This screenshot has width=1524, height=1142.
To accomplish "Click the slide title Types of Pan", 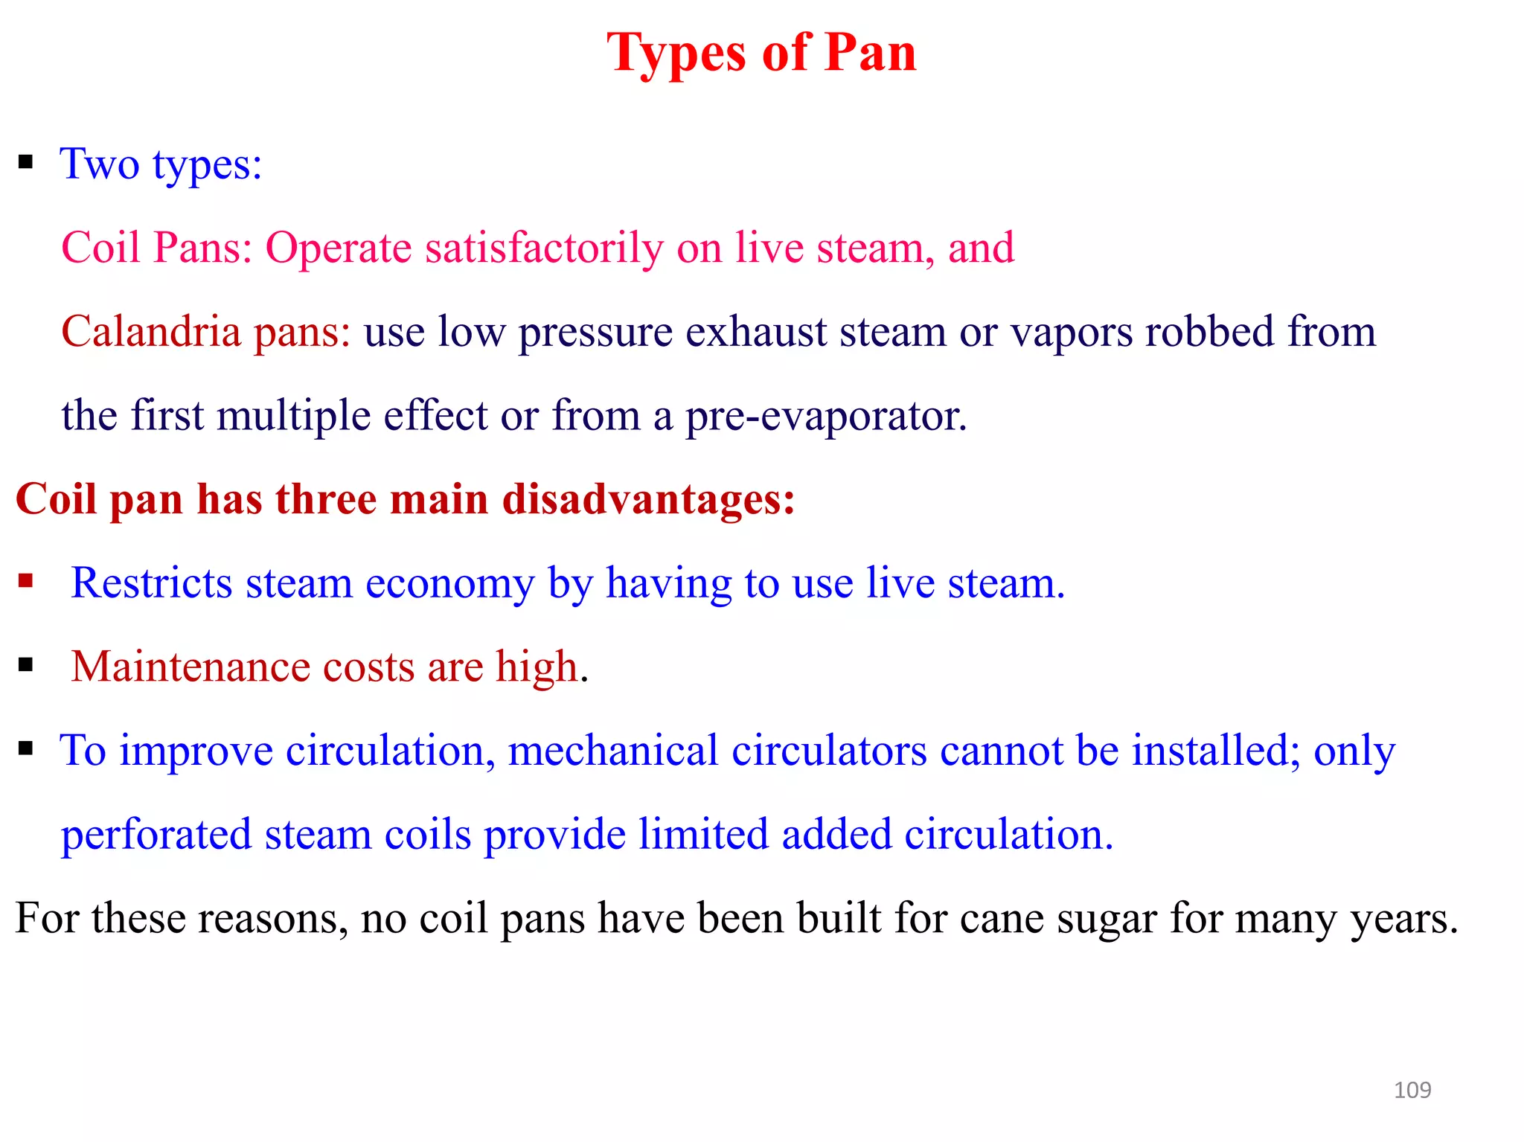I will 761,54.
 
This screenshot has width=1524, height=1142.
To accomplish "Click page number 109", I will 1412,1090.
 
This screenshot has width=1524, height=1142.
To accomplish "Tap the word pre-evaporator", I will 826,416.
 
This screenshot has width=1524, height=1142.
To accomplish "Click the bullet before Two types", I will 26,161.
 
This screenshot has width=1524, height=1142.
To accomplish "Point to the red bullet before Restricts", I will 26,580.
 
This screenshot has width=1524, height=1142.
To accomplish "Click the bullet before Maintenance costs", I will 26,664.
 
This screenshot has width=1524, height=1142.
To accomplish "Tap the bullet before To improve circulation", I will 26,748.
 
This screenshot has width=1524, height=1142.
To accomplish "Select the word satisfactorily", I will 544,248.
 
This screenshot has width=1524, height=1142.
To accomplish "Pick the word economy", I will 449,583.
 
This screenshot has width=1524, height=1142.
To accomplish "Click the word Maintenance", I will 190,666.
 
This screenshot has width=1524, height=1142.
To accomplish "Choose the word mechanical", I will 612,750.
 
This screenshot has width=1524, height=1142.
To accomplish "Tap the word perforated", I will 156,835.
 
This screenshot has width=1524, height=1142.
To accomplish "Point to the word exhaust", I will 756,332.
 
